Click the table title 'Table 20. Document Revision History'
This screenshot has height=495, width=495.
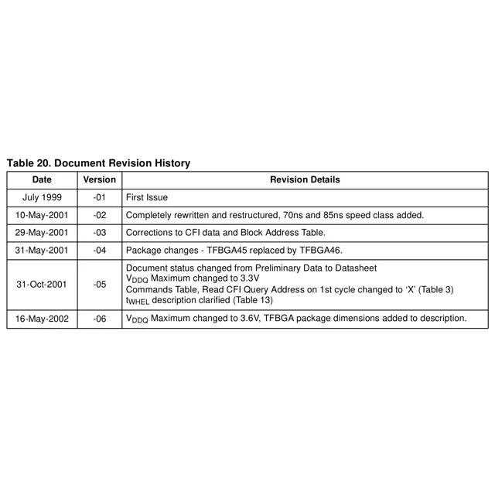[98, 164]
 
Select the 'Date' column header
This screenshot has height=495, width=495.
[42, 180]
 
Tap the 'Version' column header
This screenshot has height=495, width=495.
[100, 180]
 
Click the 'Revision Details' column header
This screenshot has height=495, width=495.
[305, 180]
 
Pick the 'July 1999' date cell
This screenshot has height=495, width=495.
[42, 198]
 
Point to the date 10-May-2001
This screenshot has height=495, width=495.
[42, 215]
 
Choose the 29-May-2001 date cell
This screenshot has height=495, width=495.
[42, 233]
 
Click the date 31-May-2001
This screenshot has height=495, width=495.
[42, 251]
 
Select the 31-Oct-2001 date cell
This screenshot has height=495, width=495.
[42, 284]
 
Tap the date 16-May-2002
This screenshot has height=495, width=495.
[42, 319]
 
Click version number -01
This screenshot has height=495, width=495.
[100, 198]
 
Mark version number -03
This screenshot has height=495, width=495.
[100, 233]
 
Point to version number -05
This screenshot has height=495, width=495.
[100, 284]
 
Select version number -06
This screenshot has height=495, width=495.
[100, 319]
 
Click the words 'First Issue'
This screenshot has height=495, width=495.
[146, 198]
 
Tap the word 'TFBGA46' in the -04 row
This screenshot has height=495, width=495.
[319, 251]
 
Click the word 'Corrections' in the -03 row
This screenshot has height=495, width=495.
[149, 233]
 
